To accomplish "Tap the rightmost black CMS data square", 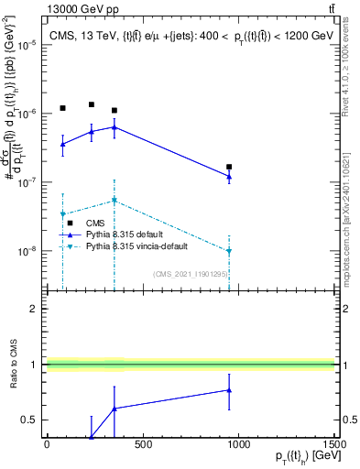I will [x=229, y=167].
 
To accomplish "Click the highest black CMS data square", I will [x=92, y=104].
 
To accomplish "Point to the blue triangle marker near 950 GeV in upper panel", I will [x=229, y=176].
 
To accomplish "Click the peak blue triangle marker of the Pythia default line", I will [x=114, y=126].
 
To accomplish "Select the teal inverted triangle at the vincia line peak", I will [x=114, y=200].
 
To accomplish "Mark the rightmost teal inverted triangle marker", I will [x=229, y=250].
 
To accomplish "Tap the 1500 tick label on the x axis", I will [x=334, y=445].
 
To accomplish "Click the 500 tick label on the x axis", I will [x=142, y=445].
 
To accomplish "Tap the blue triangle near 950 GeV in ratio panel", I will [x=229, y=390].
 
